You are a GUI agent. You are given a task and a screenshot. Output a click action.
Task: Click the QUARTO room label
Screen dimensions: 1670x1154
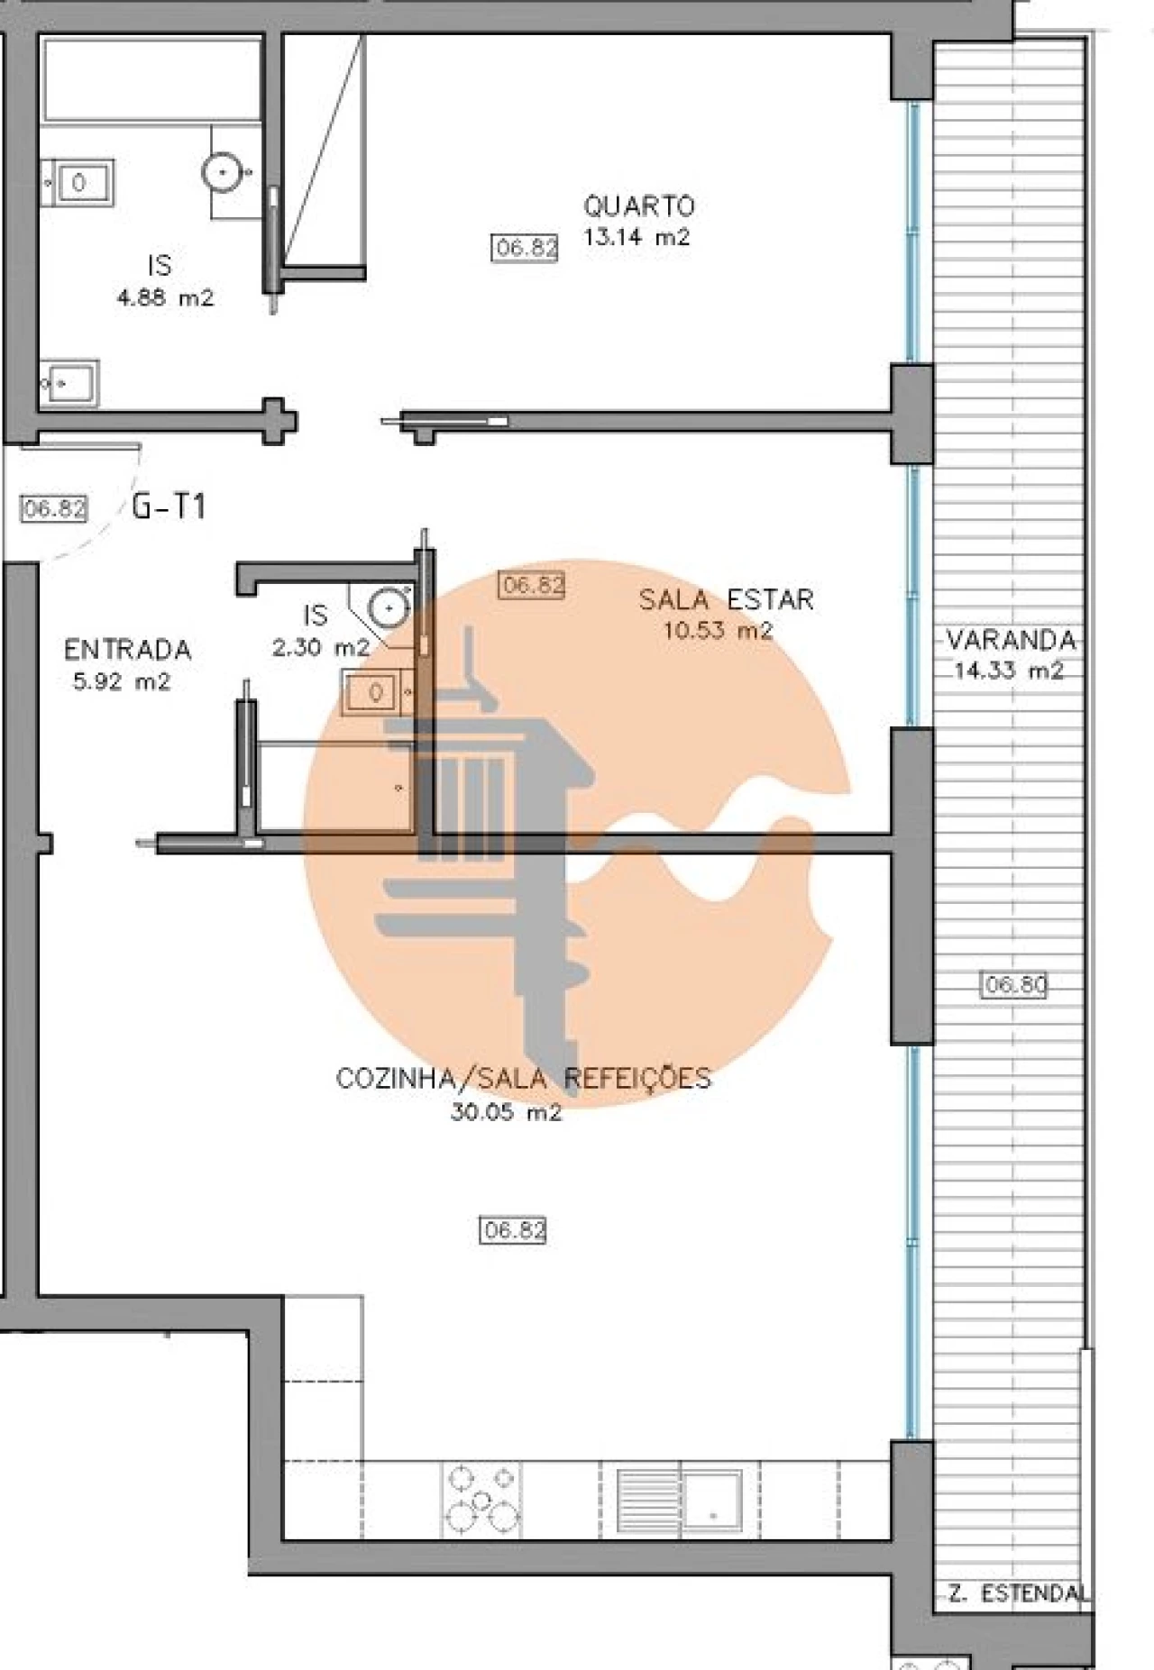click(x=638, y=206)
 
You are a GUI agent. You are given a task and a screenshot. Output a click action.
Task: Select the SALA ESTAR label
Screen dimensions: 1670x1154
click(x=726, y=599)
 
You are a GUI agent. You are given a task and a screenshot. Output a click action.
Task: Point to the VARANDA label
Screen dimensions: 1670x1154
click(x=1011, y=641)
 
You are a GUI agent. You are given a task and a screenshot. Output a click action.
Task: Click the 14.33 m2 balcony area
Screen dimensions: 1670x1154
click(x=1009, y=671)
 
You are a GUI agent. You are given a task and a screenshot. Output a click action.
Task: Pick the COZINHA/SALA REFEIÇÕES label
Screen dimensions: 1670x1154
click(x=523, y=1078)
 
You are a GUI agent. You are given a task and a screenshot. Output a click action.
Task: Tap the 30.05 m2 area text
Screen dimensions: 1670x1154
click(x=506, y=1112)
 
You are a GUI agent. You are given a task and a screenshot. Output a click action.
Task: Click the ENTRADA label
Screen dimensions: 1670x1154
click(x=127, y=650)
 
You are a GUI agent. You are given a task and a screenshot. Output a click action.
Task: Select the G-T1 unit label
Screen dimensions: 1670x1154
click(x=169, y=507)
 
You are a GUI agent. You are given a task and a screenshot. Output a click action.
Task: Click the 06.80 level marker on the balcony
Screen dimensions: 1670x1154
click(x=1014, y=985)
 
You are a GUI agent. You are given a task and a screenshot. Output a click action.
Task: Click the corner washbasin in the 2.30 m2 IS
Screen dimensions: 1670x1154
click(x=389, y=607)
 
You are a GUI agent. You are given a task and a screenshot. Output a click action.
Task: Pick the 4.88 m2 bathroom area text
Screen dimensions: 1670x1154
click(x=165, y=298)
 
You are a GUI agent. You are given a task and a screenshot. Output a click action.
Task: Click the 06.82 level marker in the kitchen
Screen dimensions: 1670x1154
click(x=513, y=1230)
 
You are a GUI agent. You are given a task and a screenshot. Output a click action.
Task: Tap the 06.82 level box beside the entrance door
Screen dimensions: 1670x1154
click(x=54, y=508)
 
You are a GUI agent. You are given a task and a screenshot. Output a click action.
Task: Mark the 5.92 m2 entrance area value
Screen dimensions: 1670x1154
click(x=121, y=682)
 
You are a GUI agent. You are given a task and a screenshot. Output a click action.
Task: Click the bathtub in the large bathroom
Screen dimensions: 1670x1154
click(x=151, y=79)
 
